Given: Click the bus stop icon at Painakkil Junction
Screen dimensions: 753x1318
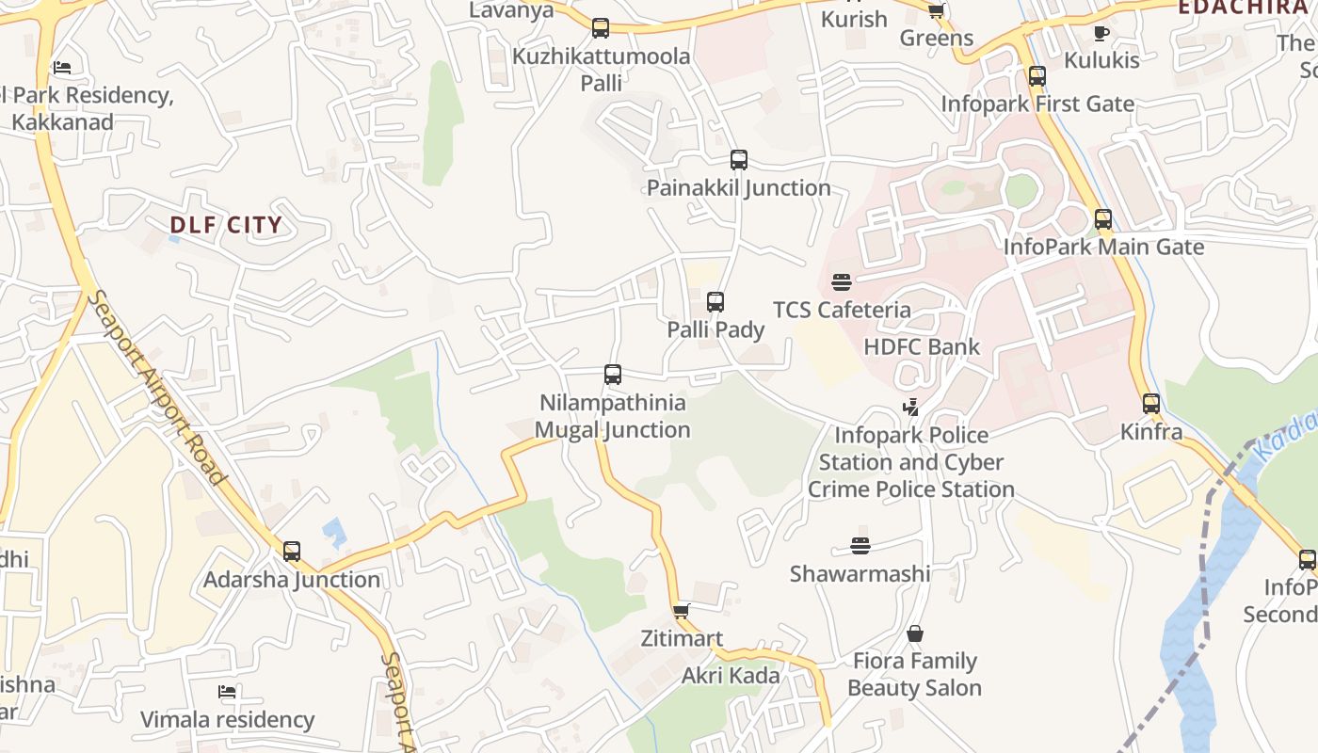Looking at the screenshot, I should (739, 160).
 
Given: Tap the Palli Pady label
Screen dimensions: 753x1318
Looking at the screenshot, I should (715, 330).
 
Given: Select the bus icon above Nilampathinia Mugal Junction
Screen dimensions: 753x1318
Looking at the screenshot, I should (613, 375).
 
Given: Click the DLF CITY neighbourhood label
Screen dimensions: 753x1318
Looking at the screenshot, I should (226, 225).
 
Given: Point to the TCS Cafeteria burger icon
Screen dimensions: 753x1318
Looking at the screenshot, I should (841, 281).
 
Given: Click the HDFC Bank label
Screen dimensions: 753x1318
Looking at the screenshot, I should (922, 346).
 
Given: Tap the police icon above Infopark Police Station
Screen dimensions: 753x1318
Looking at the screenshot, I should (910, 408).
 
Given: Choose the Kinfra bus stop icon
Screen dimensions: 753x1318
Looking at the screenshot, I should (1151, 404).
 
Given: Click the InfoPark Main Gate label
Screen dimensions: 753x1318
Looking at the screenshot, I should (1103, 248).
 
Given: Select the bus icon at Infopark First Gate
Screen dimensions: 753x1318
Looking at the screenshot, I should (1037, 76).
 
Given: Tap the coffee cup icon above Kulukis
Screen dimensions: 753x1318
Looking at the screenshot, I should (1101, 34).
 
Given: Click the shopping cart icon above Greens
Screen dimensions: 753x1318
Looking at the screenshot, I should (936, 11).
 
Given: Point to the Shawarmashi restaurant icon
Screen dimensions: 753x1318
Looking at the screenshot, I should (860, 546).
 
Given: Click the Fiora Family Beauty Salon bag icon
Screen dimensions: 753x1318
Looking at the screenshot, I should (914, 634).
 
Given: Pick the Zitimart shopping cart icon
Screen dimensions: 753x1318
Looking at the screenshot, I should (682, 611).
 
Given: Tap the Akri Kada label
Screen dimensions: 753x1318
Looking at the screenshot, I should (731, 676).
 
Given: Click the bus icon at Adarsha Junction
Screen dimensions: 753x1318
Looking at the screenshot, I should (292, 552).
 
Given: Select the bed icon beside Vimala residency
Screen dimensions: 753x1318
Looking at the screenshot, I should (227, 693).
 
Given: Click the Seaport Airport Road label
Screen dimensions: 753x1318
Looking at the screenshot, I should (157, 388).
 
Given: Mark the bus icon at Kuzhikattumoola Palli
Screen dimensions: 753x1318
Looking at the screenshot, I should (601, 28).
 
